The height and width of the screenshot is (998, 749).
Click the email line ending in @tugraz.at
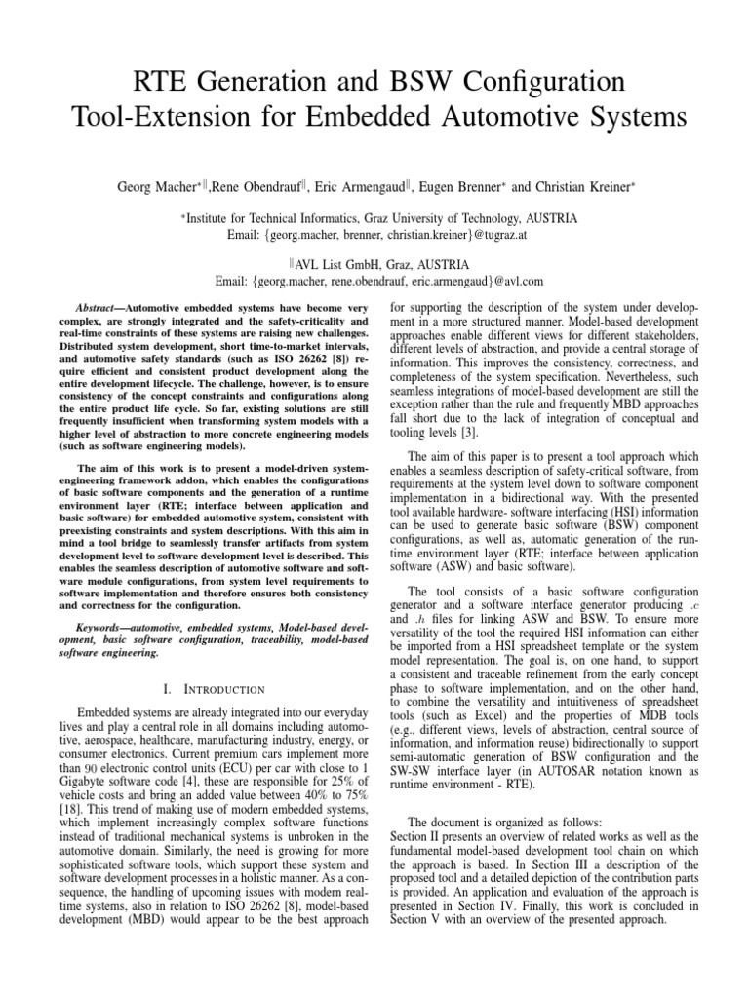(374, 234)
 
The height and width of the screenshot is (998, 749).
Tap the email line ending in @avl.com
(374, 281)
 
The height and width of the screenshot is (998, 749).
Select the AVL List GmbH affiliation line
(375, 263)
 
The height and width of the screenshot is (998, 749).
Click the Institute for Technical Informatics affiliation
(374, 216)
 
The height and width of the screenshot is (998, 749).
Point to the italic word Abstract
(98, 308)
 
